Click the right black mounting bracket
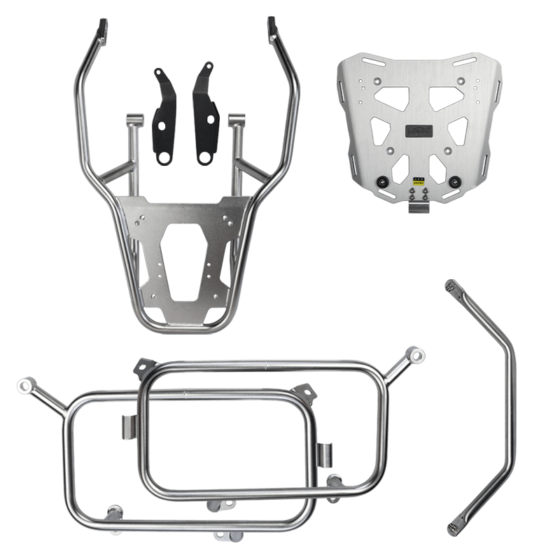point(203,115)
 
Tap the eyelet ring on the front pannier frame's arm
point(26,385)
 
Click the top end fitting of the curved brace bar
point(453,286)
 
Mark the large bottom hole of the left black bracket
point(164,158)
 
